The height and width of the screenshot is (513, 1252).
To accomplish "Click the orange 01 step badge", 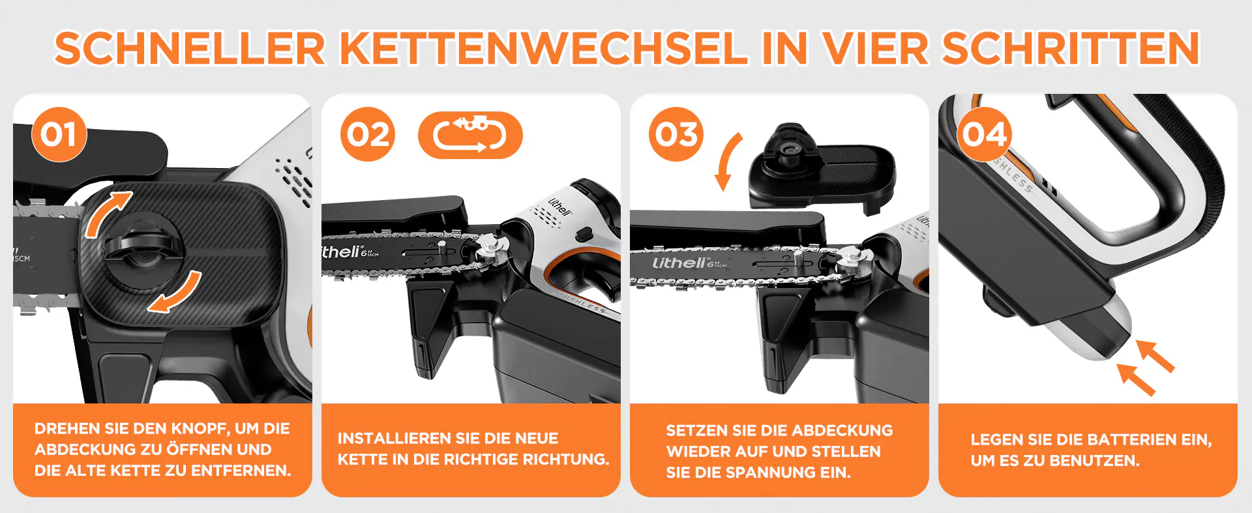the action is tap(59, 134).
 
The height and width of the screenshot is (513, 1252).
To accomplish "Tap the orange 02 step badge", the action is tap(368, 134).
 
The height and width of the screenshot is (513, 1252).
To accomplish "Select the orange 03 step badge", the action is tap(676, 134).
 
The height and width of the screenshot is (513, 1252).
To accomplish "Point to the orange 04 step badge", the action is tap(985, 134).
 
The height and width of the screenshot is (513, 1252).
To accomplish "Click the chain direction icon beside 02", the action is tap(470, 135).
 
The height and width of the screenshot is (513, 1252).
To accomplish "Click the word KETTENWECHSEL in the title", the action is tap(544, 48).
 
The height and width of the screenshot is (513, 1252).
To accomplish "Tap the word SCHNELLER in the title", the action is tap(190, 48).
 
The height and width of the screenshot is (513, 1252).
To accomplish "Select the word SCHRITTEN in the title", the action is tap(1071, 48).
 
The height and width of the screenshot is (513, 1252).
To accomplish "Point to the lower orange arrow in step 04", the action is tap(1135, 379).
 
